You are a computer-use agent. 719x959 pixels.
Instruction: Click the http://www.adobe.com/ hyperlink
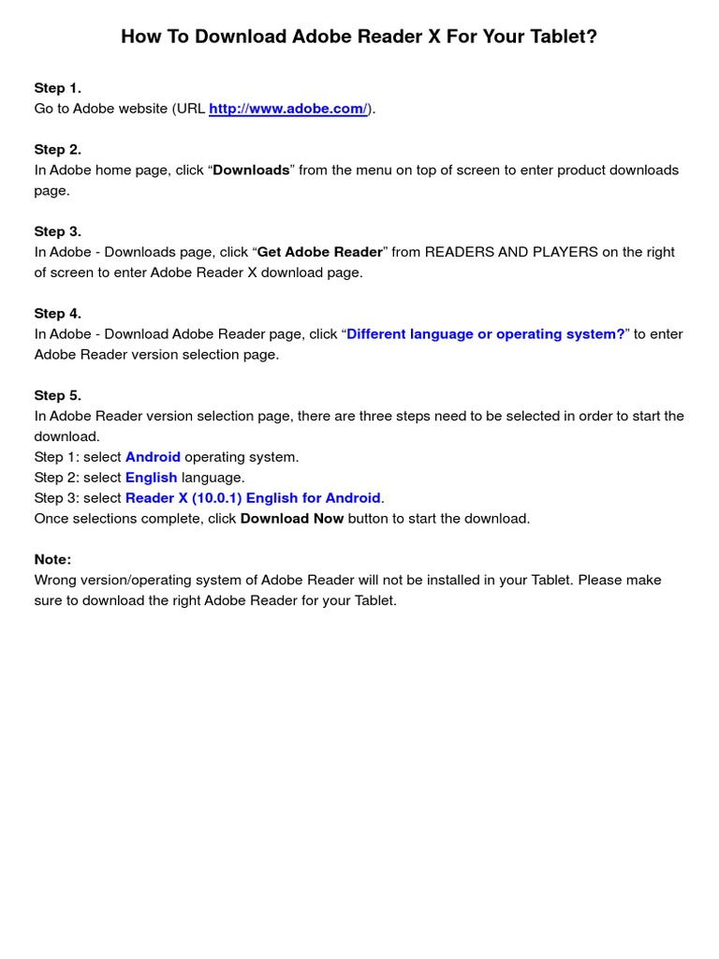point(287,109)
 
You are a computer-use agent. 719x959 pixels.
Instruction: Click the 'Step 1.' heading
point(58,88)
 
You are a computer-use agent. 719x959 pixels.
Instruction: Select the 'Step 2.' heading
point(58,150)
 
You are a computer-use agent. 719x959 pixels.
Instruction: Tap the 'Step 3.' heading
point(58,231)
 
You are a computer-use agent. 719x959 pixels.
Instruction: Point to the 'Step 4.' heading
point(58,314)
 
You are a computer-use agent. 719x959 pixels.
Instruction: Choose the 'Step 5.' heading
point(58,395)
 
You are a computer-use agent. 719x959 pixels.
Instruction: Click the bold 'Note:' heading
point(53,559)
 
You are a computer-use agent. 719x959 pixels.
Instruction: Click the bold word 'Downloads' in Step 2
point(251,170)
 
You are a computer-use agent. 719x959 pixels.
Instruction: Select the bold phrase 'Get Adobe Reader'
point(320,252)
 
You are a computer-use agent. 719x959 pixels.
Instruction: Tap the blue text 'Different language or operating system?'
point(485,334)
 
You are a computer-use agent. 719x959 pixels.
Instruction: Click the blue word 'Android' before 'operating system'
point(153,457)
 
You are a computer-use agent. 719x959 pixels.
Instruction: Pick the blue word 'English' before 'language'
point(151,478)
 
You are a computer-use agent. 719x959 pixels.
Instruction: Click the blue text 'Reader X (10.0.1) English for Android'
point(253,498)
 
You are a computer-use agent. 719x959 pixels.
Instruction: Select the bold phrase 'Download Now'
point(292,519)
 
